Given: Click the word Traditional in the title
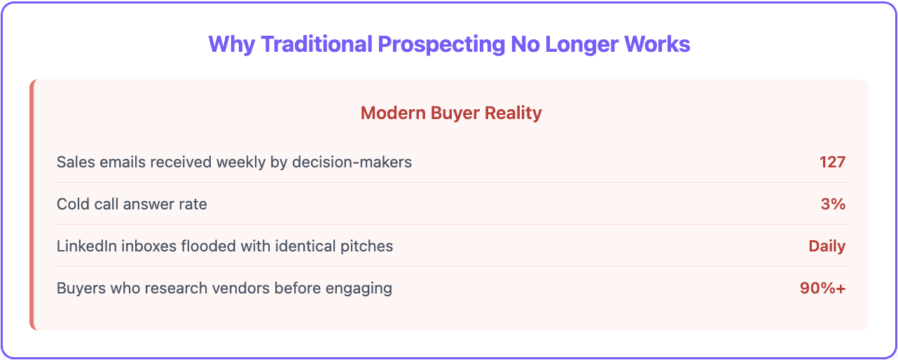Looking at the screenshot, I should (x=315, y=44).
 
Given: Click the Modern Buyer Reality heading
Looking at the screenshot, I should (x=451, y=113).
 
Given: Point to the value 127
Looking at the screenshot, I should (x=832, y=162).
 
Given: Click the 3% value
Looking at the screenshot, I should (x=834, y=205).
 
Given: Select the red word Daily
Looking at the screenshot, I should (x=827, y=247).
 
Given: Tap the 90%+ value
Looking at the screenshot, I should (x=822, y=289).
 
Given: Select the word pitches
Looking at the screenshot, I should (x=367, y=247).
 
